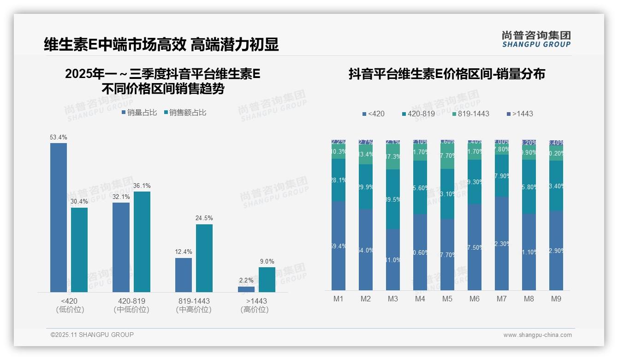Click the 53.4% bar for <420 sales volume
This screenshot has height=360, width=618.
59,217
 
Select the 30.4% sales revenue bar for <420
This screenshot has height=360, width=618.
79,250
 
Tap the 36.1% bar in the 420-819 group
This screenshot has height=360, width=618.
142,242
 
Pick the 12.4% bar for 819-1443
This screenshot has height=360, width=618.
184,275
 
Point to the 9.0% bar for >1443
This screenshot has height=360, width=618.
267,280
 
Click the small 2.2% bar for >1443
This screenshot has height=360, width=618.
246,289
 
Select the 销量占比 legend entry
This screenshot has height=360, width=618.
139,113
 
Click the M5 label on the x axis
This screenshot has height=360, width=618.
447,299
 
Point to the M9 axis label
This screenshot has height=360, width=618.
556,299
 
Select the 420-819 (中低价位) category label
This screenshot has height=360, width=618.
131,305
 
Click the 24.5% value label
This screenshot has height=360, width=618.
204,218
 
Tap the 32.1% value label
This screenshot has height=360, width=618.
121,197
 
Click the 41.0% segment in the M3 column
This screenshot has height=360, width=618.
393,259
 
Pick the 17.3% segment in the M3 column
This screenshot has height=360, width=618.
393,157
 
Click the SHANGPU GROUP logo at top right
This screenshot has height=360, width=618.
536,39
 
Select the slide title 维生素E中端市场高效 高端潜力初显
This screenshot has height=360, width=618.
161,44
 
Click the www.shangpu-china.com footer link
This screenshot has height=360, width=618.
537,335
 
